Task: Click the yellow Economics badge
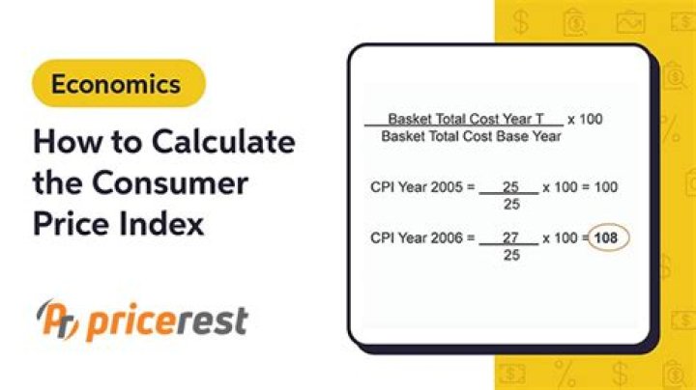point(117,83)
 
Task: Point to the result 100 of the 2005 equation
point(606,186)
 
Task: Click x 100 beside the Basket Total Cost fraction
point(586,119)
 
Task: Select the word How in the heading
point(61,142)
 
